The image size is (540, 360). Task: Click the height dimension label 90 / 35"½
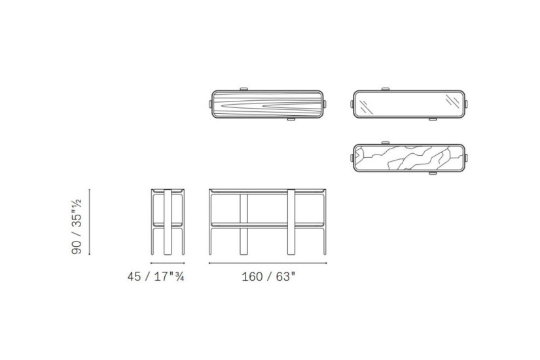pyautogui.click(x=76, y=226)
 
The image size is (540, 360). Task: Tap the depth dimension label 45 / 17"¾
pyautogui.click(x=156, y=277)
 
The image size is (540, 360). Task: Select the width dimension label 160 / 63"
pyautogui.click(x=268, y=277)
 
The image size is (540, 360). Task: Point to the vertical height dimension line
pyautogui.click(x=90, y=222)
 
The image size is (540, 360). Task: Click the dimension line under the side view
pyautogui.click(x=168, y=263)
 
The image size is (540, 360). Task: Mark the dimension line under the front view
pyautogui.click(x=268, y=263)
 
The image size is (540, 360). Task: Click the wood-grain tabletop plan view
pyautogui.click(x=268, y=104)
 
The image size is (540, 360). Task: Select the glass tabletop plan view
pyautogui.click(x=410, y=104)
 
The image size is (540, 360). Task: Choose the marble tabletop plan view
pyautogui.click(x=410, y=158)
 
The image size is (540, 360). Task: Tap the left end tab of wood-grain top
pyautogui.click(x=210, y=103)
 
